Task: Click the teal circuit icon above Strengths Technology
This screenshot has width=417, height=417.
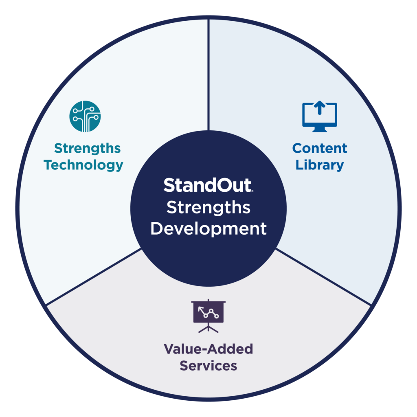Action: [85, 116]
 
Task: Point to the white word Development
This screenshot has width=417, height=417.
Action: [208, 229]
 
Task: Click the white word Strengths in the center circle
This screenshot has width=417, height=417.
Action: [208, 207]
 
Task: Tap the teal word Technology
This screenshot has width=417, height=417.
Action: [83, 165]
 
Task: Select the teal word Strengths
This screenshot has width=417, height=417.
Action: [87, 148]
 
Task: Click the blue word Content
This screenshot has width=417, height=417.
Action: [320, 148]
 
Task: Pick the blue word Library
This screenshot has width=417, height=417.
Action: [320, 165]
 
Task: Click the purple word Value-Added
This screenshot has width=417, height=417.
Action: [208, 349]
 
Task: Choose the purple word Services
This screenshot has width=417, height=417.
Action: [208, 365]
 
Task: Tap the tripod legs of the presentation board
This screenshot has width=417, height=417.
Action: [208, 328]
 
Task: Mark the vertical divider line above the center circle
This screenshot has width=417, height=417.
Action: [208, 73]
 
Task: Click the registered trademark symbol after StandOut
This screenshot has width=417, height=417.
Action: [253, 191]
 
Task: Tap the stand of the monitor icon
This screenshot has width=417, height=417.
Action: [320, 129]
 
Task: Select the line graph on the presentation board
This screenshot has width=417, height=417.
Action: [208, 312]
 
